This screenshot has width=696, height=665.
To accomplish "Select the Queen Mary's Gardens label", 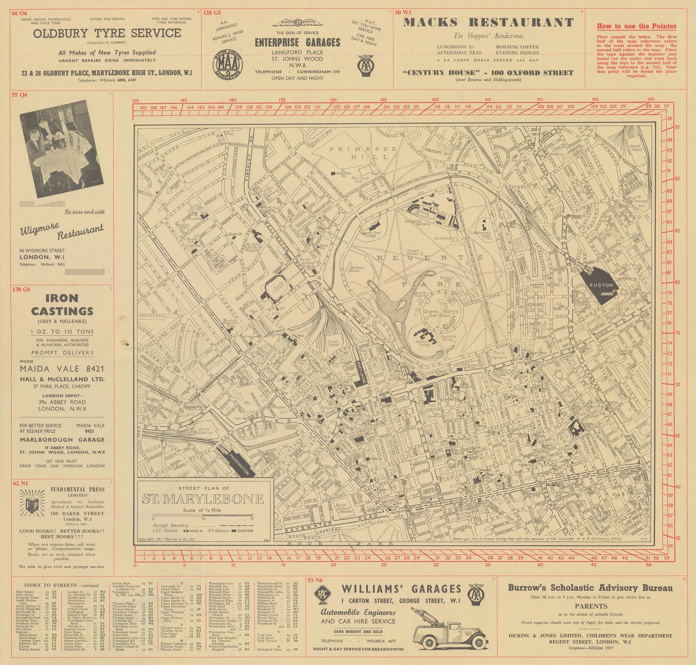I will (x=441, y=313).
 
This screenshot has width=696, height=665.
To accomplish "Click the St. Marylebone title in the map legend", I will (x=203, y=499).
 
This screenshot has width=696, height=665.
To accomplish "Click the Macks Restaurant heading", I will (x=489, y=23).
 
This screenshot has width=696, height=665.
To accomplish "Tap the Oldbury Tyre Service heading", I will (x=107, y=33).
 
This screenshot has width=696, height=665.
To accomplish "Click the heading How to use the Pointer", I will (x=636, y=26).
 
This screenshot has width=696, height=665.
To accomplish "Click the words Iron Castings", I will (x=62, y=304).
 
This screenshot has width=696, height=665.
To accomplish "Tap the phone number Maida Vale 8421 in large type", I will (x=62, y=369).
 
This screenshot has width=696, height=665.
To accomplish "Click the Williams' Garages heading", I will (x=401, y=589).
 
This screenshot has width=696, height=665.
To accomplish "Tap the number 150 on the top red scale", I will (x=135, y=100).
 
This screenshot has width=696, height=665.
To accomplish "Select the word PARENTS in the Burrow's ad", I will (x=590, y=606).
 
